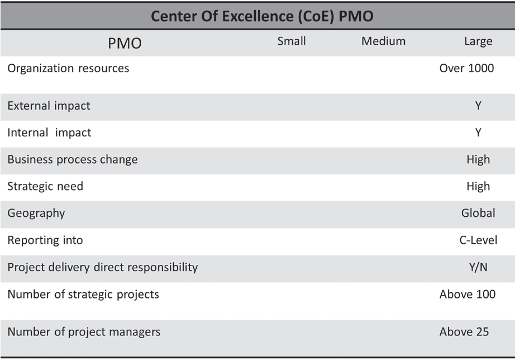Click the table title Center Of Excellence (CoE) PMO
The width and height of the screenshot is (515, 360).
(262, 16)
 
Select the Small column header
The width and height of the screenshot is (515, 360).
(292, 41)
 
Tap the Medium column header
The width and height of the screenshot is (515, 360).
(383, 41)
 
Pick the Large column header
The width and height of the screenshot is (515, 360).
(478, 41)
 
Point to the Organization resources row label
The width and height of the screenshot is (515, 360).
(68, 68)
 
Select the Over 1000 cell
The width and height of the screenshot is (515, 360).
(467, 69)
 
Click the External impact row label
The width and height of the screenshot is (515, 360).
(49, 106)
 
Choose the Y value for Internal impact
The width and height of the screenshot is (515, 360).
(478, 133)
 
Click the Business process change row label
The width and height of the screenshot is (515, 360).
(73, 159)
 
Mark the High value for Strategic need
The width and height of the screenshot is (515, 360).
(478, 187)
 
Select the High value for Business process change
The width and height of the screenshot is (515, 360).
(478, 160)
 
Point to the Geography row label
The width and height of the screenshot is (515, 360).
(36, 213)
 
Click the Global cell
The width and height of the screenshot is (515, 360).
(478, 213)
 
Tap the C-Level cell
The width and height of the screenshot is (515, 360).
(478, 240)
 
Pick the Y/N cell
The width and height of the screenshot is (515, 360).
(478, 267)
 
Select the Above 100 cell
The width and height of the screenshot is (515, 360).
(468, 294)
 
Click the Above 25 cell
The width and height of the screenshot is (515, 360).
(464, 332)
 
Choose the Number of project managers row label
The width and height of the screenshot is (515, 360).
(84, 332)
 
